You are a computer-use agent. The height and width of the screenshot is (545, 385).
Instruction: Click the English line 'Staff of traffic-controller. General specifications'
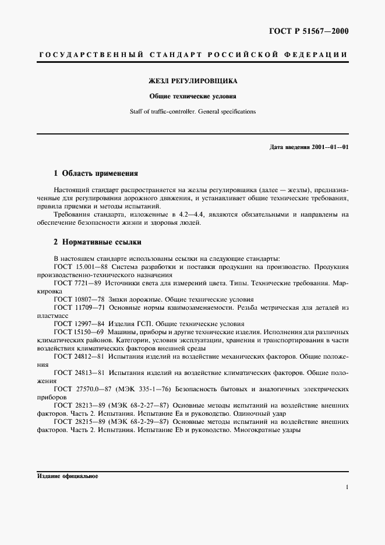tap(192, 111)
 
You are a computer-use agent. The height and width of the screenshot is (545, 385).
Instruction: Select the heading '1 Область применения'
tap(96, 173)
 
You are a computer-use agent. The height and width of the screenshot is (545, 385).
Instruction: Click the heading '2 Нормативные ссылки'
tap(97, 242)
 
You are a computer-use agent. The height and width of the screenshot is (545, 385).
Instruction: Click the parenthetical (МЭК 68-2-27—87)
tap(143, 404)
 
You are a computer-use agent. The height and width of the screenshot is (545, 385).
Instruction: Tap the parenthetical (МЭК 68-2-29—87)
tap(143, 420)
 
